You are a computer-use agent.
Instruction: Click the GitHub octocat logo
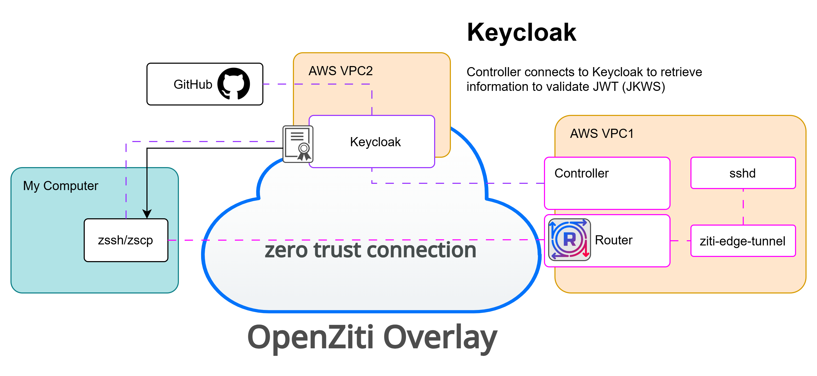pyautogui.click(x=234, y=84)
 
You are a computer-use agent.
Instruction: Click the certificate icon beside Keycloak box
pyautogui.click(x=298, y=144)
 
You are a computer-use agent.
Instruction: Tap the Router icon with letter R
pyautogui.click(x=570, y=240)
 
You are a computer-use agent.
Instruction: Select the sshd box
pyautogui.click(x=743, y=173)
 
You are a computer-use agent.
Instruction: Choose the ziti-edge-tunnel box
pyautogui.click(x=743, y=241)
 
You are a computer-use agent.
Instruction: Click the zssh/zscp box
pyautogui.click(x=126, y=240)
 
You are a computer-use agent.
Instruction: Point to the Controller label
pyautogui.click(x=582, y=173)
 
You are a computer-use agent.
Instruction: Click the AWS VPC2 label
pyautogui.click(x=341, y=71)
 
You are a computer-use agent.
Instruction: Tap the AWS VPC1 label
pyautogui.click(x=602, y=133)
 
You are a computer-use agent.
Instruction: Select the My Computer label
pyautogui.click(x=61, y=186)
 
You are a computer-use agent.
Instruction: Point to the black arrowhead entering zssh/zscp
pyautogui.click(x=147, y=214)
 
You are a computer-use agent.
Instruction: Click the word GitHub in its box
pyautogui.click(x=193, y=84)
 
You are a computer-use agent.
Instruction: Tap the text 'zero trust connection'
pyautogui.click(x=370, y=250)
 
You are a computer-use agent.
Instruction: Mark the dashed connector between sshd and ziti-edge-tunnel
pyautogui.click(x=743, y=207)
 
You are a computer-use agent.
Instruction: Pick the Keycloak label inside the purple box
pyautogui.click(x=375, y=142)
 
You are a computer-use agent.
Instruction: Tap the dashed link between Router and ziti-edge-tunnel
pyautogui.click(x=680, y=241)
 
